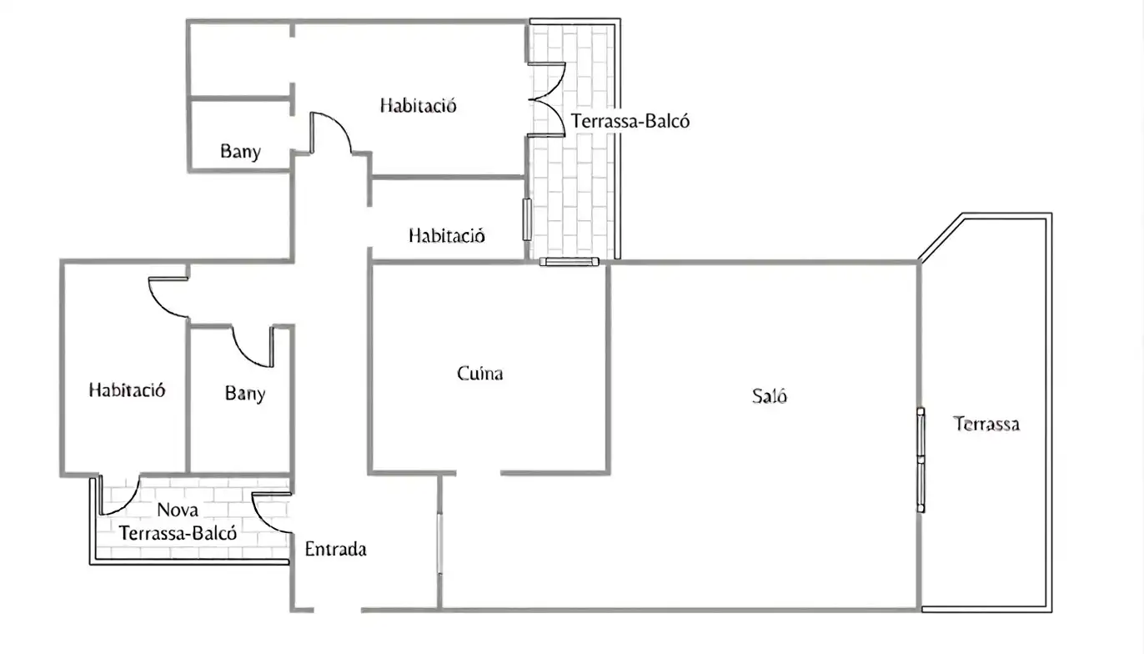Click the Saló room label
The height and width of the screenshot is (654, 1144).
coord(770,396)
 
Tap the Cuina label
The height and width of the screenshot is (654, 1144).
coord(479,374)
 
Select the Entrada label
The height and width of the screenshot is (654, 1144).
coord(335,549)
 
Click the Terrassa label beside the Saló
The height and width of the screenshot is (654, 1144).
coord(986,424)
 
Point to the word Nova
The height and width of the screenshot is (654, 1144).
coord(178,510)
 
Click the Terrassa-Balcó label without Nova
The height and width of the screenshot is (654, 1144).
coord(630,121)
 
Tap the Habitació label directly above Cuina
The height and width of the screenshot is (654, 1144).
coord(446,235)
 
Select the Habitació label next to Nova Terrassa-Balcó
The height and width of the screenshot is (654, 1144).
coord(127,390)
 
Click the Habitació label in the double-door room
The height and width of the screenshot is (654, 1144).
coord(418,105)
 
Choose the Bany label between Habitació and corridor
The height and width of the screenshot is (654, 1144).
coord(245,394)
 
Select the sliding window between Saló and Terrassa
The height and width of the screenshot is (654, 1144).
coord(921,460)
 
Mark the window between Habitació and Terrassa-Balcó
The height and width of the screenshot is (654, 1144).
coord(527,219)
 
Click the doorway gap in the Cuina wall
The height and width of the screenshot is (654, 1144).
coord(478,473)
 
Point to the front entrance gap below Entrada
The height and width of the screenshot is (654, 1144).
coord(337,610)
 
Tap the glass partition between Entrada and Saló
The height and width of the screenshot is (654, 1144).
coord(439,543)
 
